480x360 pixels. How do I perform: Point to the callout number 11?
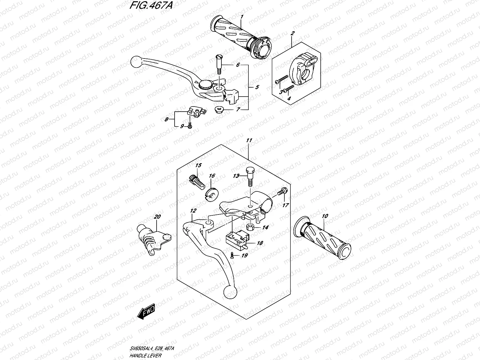coord(249,140)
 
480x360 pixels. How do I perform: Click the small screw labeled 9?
coord(190,127)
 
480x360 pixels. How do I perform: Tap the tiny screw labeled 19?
coord(232,256)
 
